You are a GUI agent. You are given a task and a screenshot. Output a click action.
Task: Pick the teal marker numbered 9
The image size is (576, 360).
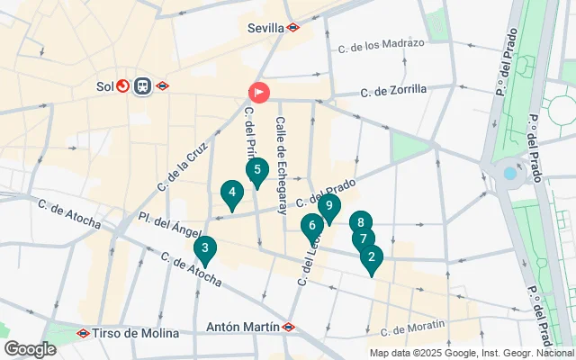[329, 207]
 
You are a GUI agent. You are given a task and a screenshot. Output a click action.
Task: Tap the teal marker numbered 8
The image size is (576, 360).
[360, 223]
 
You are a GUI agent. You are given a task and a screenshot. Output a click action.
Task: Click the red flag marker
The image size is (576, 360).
[258, 92]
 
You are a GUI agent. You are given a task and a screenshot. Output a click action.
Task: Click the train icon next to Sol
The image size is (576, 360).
[142, 86]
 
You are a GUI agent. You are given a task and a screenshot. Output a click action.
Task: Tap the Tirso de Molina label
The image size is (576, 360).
[135, 333]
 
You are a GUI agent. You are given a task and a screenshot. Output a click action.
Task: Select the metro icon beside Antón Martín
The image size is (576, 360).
[289, 327]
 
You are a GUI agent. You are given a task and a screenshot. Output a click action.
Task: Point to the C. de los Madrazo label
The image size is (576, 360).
[380, 44]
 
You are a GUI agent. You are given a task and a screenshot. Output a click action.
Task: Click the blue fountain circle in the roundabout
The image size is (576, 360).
[510, 172]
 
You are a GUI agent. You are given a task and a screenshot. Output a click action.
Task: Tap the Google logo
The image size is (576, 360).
[30, 348]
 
